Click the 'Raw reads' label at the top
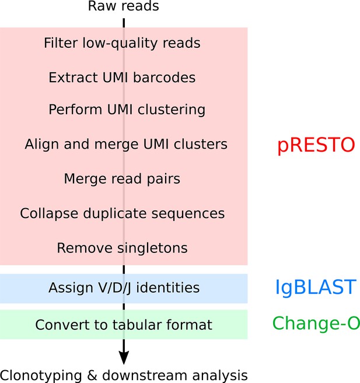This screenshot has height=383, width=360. pyautogui.click(x=124, y=6)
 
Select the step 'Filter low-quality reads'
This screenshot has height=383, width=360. pyautogui.click(x=122, y=43)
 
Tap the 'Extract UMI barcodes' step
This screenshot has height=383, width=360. pyautogui.click(x=122, y=78)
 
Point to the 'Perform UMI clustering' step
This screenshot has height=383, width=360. pyautogui.click(x=127, y=110)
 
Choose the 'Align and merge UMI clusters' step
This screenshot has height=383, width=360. pyautogui.click(x=126, y=144)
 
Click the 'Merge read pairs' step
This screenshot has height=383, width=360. pyautogui.click(x=122, y=179)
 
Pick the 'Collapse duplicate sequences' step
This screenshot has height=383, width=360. pyautogui.click(x=122, y=213)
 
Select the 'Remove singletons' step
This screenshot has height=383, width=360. pyautogui.click(x=122, y=248)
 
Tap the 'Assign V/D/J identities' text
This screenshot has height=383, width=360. pyautogui.click(x=124, y=288)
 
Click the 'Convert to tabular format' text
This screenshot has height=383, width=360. pyautogui.click(x=124, y=325)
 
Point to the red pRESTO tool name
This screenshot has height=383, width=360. pyautogui.click(x=316, y=145)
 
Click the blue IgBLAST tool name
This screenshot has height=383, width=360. pyautogui.click(x=316, y=288)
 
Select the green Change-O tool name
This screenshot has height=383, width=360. pyautogui.click(x=316, y=323)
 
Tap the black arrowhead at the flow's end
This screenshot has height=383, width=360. pyautogui.click(x=124, y=357)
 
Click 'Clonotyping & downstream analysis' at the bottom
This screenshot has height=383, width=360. pyautogui.click(x=124, y=375)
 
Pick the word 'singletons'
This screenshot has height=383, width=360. pyautogui.click(x=152, y=248)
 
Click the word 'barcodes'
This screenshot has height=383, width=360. pyautogui.click(x=164, y=78)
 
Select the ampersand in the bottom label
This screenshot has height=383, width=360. pyautogui.click(x=92, y=375)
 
